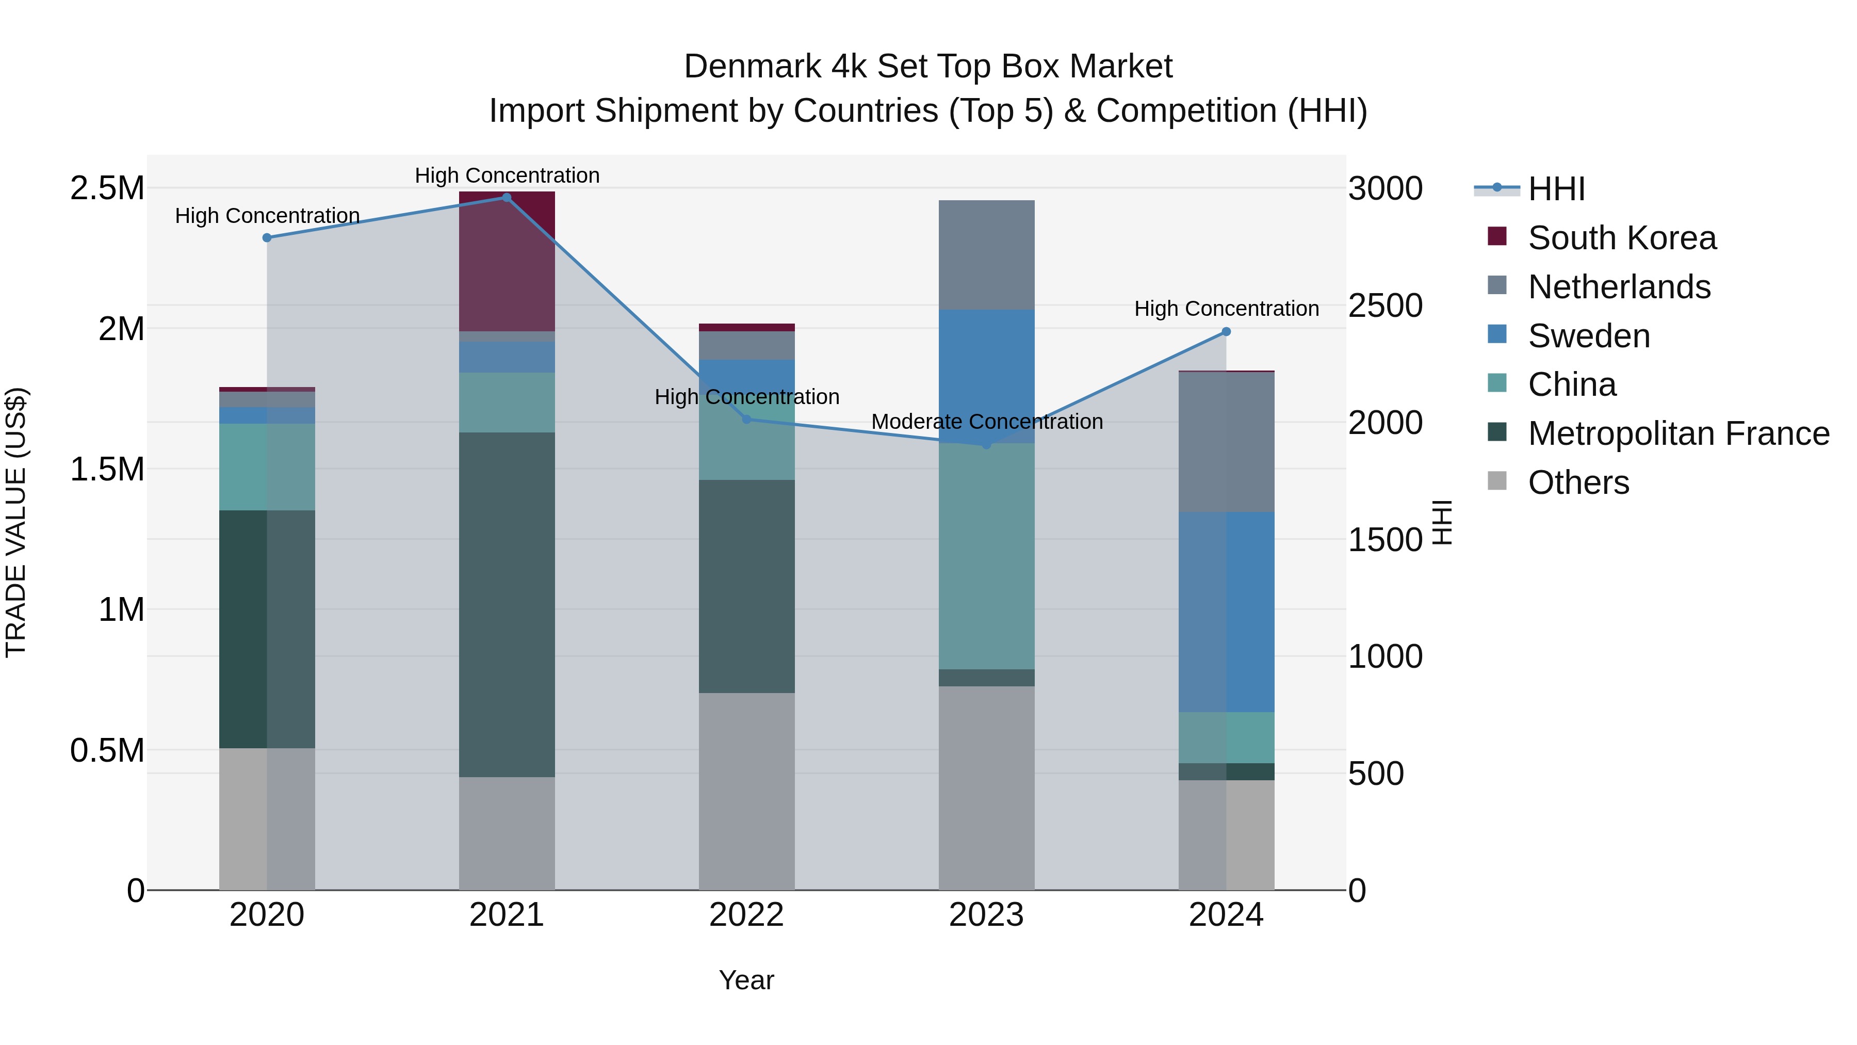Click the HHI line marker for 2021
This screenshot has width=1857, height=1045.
pyautogui.click(x=506, y=198)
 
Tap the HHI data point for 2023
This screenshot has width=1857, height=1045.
pyautogui.click(x=986, y=444)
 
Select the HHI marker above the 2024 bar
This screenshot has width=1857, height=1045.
pyautogui.click(x=1226, y=332)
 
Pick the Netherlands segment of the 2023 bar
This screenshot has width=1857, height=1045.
pyautogui.click(x=986, y=254)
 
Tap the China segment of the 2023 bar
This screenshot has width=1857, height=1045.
pyautogui.click(x=986, y=555)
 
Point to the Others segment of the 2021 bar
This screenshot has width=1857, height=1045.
pyautogui.click(x=506, y=833)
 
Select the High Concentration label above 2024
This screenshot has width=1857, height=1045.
pyautogui.click(x=1226, y=309)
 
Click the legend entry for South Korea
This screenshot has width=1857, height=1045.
pyautogui.click(x=1621, y=238)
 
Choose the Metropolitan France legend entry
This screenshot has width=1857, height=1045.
pyautogui.click(x=1677, y=433)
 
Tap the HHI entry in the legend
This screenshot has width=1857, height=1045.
pyautogui.click(x=1556, y=189)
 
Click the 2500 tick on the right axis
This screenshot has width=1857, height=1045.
pyautogui.click(x=1385, y=306)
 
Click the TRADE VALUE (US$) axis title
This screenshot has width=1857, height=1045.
pyautogui.click(x=16, y=522)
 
